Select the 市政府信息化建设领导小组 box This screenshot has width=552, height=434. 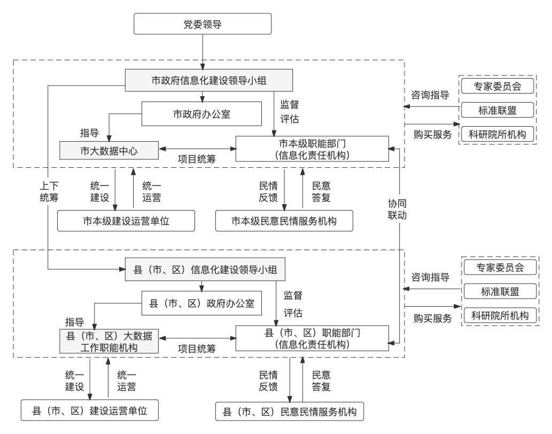pyautogui.click(x=209, y=81)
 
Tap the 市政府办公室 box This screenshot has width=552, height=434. pyautogui.click(x=202, y=114)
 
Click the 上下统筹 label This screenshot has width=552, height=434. pyautogui.click(x=49, y=191)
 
